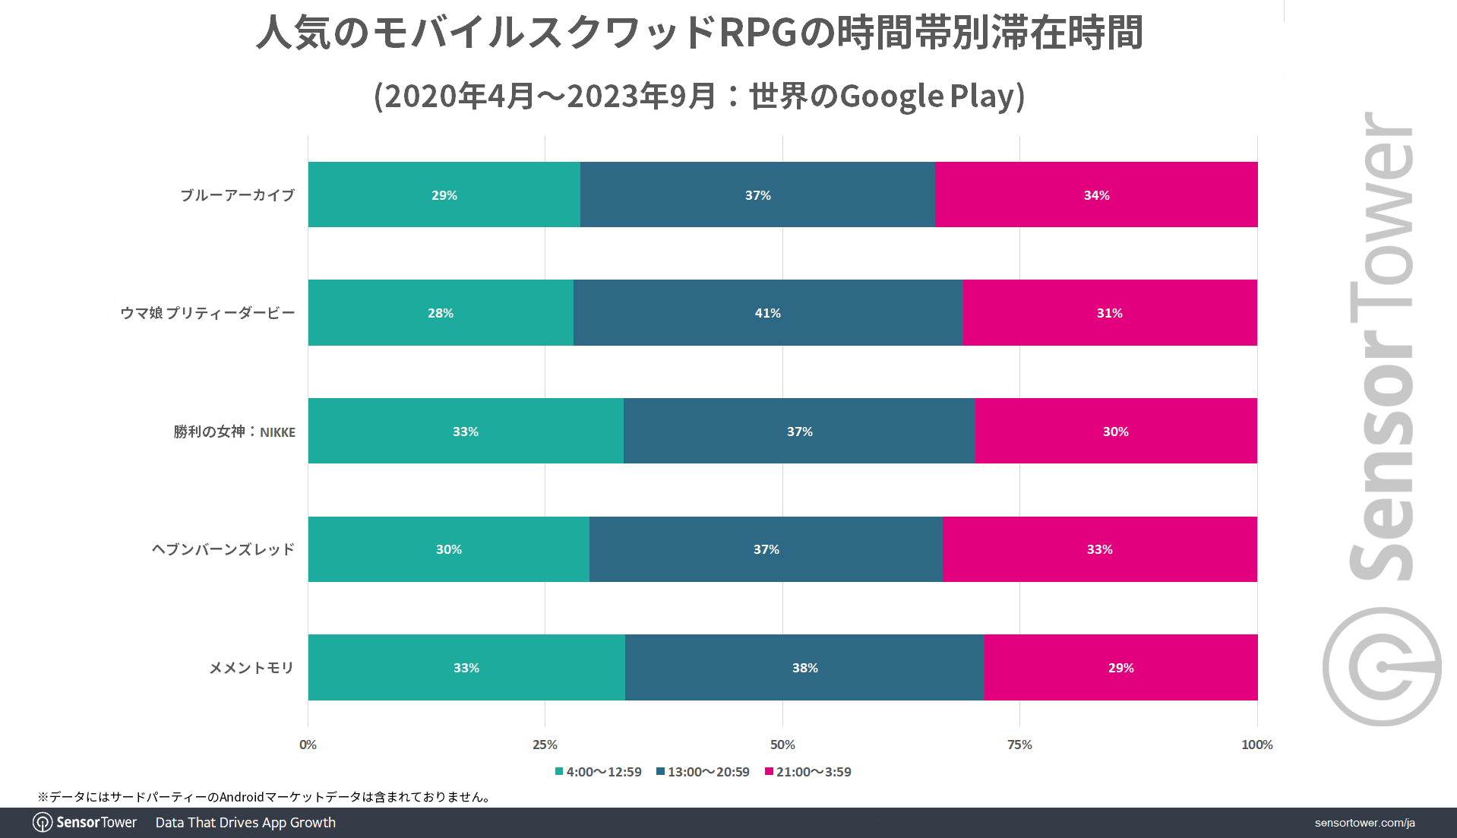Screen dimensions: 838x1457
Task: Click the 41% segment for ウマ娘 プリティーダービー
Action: pyautogui.click(x=767, y=313)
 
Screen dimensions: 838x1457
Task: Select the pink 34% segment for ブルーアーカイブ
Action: pyautogui.click(x=1096, y=195)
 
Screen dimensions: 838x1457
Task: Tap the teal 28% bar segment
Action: pyautogui.click(x=441, y=313)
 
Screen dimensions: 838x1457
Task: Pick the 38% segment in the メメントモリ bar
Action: pyautogui.click(x=804, y=668)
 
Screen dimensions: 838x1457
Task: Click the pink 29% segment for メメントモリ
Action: pyautogui.click(x=1120, y=668)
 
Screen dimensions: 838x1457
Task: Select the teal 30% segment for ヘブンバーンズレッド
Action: pyautogui.click(x=448, y=549)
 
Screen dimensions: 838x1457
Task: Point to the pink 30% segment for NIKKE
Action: pyautogui.click(x=1115, y=432)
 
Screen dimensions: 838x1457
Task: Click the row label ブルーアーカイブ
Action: pyautogui.click(x=237, y=195)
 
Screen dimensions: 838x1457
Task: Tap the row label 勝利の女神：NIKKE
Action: pyautogui.click(x=234, y=432)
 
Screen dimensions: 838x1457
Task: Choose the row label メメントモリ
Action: pyautogui.click(x=251, y=668)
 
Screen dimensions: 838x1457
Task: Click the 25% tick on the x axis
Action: pyautogui.click(x=545, y=745)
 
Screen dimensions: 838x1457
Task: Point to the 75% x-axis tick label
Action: pyautogui.click(x=1019, y=745)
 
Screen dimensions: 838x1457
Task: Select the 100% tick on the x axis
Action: pyautogui.click(x=1256, y=745)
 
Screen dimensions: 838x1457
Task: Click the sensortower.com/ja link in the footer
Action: pyautogui.click(x=1364, y=823)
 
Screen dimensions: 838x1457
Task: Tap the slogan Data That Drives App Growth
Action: pyautogui.click(x=245, y=823)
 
